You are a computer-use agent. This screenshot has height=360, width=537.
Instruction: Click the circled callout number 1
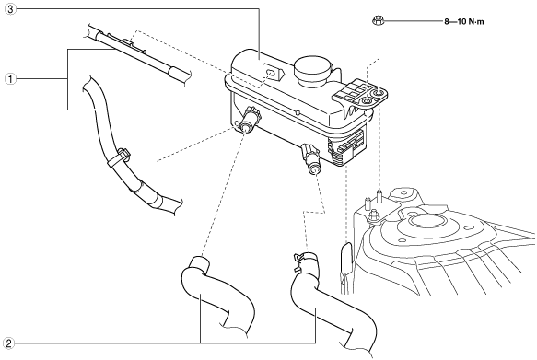click(10, 79)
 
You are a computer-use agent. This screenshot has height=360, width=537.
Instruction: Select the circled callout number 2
click(8, 343)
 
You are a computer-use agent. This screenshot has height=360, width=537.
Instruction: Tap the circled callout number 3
click(10, 9)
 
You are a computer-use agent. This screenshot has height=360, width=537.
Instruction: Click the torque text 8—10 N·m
click(464, 22)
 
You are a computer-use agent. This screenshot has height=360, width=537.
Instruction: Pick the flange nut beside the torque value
click(378, 21)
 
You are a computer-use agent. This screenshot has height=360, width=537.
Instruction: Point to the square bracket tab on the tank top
click(272, 73)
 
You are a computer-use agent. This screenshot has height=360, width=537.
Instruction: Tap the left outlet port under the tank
click(248, 120)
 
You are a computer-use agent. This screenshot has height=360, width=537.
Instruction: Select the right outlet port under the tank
click(311, 160)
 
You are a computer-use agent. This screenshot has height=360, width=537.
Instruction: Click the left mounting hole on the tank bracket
click(367, 101)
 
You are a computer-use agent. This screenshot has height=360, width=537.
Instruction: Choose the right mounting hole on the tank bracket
click(379, 93)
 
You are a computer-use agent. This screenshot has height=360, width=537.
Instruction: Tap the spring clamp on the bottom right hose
click(304, 260)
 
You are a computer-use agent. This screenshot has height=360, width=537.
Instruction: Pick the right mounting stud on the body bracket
click(379, 195)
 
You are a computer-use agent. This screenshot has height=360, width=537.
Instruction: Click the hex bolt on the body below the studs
click(373, 216)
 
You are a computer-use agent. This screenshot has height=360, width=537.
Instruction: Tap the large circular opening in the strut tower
click(424, 221)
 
